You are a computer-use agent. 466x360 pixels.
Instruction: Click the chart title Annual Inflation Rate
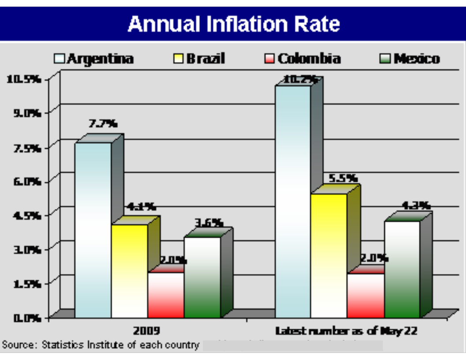[233, 24]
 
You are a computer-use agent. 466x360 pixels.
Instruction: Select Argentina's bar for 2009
[93, 229]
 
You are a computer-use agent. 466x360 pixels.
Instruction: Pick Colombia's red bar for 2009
[165, 295]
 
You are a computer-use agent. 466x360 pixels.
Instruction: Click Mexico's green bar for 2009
[202, 277]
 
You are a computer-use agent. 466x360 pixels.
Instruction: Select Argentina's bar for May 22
[293, 201]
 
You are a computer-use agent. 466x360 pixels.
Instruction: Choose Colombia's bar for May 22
[365, 295]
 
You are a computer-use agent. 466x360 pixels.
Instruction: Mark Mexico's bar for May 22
[402, 269]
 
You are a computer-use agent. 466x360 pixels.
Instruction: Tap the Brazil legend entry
[199, 59]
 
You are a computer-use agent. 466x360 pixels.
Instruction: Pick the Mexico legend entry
[410, 59]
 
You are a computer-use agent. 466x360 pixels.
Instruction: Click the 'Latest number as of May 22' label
[346, 330]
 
